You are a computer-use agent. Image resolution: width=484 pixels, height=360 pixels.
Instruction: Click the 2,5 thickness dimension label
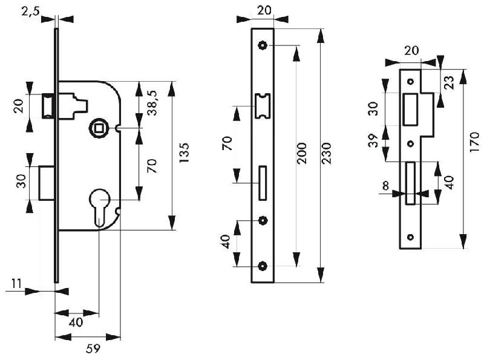coord(29,10)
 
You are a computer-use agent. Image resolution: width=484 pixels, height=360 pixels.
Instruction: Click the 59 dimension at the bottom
coord(91,349)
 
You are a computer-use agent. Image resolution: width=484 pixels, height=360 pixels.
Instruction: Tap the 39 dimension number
coord(373,141)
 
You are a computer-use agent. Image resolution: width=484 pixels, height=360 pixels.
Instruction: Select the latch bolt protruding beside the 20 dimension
coord(48,106)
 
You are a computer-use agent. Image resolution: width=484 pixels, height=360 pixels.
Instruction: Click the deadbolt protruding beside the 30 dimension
coord(46,182)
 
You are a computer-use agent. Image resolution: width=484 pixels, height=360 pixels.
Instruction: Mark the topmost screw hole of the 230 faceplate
coord(263,45)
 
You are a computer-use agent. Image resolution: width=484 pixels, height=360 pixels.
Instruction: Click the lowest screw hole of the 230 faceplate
coord(263,266)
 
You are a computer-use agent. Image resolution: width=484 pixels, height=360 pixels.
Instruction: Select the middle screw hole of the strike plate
coord(410,144)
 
